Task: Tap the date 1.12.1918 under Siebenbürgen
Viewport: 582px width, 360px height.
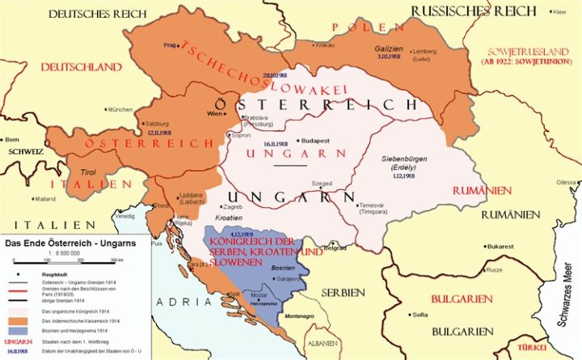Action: [405, 175]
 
